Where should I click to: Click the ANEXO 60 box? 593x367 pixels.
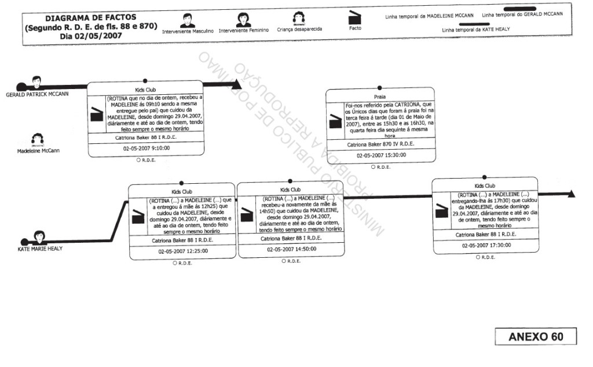[536, 337]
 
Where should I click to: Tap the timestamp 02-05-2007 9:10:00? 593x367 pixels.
[145, 149]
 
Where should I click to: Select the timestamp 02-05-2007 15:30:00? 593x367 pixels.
[380, 155]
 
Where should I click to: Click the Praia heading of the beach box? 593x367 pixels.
[380, 97]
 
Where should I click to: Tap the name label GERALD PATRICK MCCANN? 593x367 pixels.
[37, 94]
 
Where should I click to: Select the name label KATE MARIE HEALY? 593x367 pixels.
[39, 249]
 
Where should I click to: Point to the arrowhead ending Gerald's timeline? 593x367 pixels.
[236, 84]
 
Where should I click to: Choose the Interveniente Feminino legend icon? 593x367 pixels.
[243, 20]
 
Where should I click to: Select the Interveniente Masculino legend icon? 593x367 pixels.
[187, 20]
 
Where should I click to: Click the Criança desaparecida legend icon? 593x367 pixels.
[299, 18]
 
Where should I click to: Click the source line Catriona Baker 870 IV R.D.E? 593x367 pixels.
[380, 144]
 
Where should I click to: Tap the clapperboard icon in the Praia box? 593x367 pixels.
[335, 120]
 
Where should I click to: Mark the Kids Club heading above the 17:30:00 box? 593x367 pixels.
[485, 186]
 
